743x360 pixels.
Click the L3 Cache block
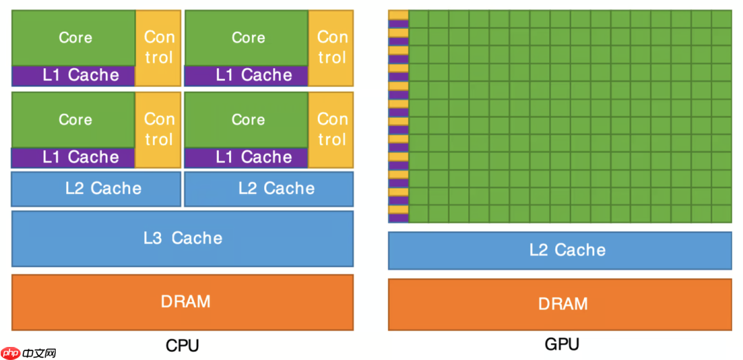coord(182,238)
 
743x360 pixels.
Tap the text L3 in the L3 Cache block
coord(153,238)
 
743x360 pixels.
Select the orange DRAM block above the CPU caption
coord(182,301)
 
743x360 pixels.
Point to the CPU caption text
coord(182,345)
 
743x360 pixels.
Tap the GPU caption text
coord(562,344)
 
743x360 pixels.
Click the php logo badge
coord(11,352)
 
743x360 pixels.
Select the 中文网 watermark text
coord(39,353)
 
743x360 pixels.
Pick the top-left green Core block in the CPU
coord(74,38)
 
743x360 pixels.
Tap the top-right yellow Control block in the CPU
coord(332,47)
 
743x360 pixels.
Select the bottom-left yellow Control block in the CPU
coord(158,129)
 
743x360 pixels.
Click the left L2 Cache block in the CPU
coord(96,189)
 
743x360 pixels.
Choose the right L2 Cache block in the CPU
coord(269,189)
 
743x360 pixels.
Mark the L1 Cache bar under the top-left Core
coord(74,75)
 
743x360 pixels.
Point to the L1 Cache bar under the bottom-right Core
coord(246,158)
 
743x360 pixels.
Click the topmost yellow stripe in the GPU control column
coord(398,14)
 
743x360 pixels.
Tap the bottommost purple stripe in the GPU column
coord(398,218)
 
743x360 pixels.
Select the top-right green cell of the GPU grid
coord(722,19)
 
